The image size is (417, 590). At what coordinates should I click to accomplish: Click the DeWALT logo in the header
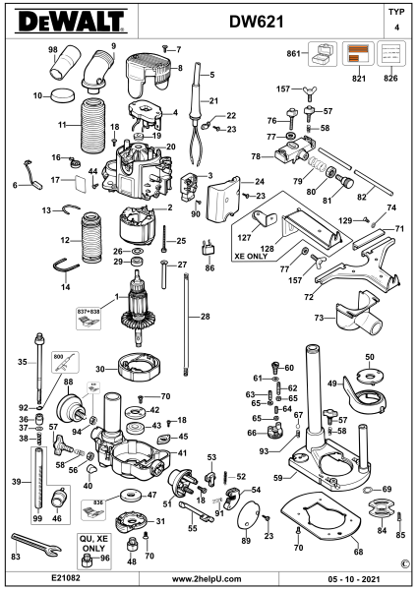point(71,22)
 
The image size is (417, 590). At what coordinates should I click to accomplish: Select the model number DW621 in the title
point(257,23)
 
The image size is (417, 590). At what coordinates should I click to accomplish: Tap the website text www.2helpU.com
point(207,579)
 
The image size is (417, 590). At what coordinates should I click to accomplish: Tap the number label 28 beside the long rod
point(206,317)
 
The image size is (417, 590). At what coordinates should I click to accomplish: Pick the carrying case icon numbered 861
point(323,54)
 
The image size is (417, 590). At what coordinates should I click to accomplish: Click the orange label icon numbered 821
point(358,54)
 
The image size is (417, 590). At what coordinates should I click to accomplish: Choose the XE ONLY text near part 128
point(251,257)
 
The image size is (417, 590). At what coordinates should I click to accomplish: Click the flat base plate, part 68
point(321,517)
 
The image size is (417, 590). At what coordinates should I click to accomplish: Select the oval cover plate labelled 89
point(249,515)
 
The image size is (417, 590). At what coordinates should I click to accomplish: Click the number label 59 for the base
point(278,478)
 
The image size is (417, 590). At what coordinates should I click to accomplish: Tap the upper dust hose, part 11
point(92,127)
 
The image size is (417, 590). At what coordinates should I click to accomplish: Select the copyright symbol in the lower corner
point(405,563)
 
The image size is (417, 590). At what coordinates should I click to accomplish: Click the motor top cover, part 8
point(149,75)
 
